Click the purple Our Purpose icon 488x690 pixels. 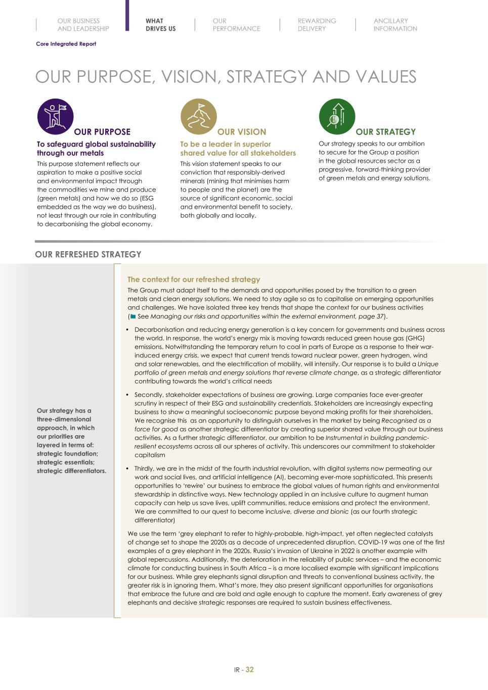[56, 116]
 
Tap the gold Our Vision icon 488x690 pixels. [199, 116]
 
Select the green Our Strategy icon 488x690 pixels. [337, 116]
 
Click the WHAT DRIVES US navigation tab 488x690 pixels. [160, 25]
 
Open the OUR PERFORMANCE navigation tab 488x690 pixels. [236, 25]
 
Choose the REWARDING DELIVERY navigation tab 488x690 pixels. [317, 25]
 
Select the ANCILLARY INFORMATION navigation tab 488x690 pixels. [395, 25]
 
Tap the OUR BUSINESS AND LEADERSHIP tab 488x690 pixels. [83, 25]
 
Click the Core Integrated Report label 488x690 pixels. [66, 44]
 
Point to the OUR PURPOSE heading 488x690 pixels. [102, 132]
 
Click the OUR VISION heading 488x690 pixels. [242, 132]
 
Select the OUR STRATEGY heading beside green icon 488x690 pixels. [385, 132]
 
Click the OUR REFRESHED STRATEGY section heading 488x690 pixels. [88, 254]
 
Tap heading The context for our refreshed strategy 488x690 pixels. [194, 279]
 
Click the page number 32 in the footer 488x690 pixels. [249, 669]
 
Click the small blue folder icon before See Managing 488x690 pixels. [133, 316]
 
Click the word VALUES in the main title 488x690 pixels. [386, 77]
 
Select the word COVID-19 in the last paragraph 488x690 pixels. [375, 542]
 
